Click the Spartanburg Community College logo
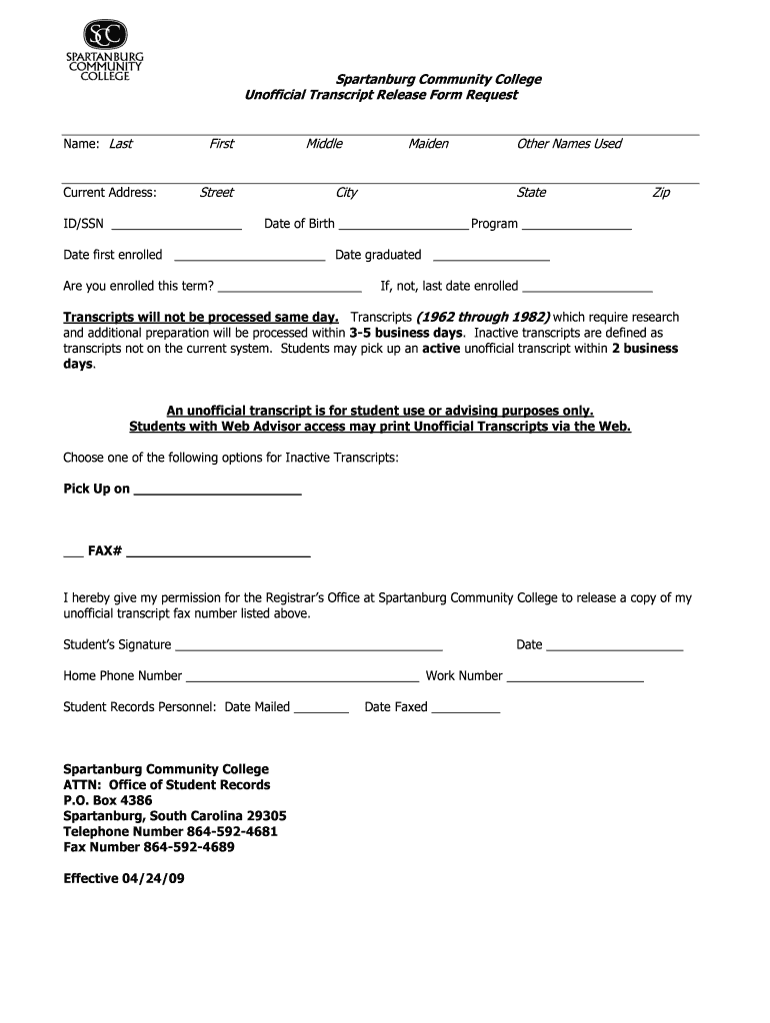(x=105, y=51)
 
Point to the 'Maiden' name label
(x=428, y=144)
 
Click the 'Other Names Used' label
(x=568, y=144)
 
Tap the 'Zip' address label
(x=660, y=193)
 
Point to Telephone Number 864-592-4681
(x=170, y=832)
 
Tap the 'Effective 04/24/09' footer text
(x=124, y=879)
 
